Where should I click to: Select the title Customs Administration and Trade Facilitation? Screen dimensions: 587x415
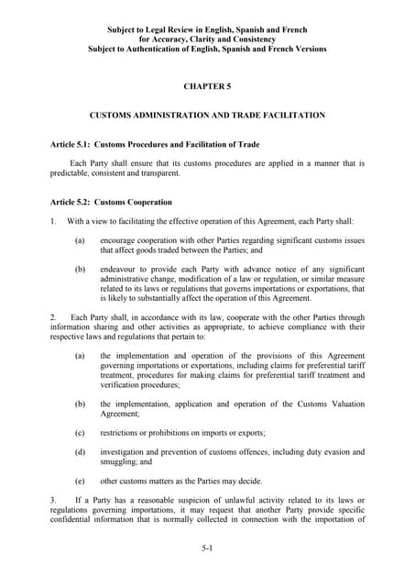tap(207, 116)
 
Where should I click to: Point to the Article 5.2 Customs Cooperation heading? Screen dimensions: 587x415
tap(111, 202)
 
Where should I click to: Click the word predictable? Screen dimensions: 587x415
tap(71, 173)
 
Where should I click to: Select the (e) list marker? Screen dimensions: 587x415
tap(81, 481)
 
